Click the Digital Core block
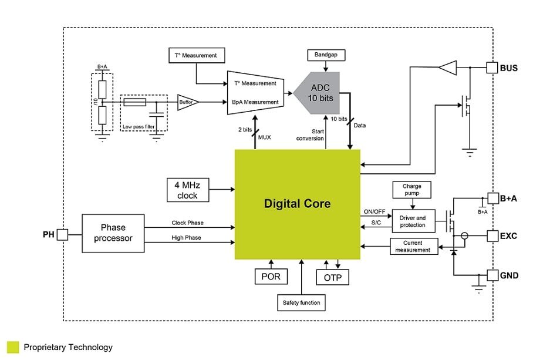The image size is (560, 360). click(x=297, y=204)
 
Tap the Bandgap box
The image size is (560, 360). click(x=326, y=55)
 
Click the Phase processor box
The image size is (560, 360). click(x=113, y=233)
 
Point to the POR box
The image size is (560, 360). click(x=271, y=276)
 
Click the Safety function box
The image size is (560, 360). click(x=302, y=302)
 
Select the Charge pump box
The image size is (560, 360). click(x=411, y=190)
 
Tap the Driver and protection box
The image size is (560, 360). click(x=413, y=221)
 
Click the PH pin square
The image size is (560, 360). click(x=62, y=235)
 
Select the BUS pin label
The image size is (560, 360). click(x=509, y=68)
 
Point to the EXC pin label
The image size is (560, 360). click(x=508, y=236)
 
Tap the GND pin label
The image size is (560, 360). click(x=509, y=275)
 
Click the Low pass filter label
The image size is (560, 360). click(x=139, y=126)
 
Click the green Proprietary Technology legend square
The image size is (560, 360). click(x=13, y=347)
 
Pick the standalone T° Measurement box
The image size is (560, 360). click(x=196, y=56)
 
